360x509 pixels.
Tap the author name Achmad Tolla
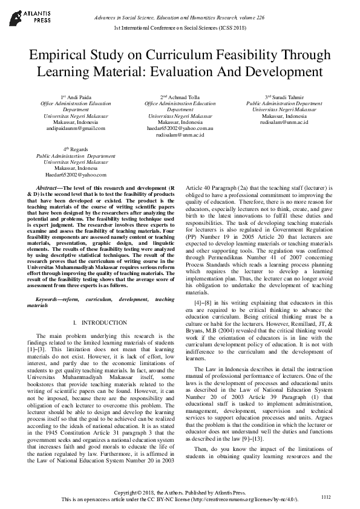[183, 97]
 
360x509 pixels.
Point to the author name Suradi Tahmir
[287, 97]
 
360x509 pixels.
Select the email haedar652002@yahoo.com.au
[180, 128]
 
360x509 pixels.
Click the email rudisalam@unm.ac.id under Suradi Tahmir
[284, 122]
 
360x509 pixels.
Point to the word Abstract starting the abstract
[47, 189]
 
